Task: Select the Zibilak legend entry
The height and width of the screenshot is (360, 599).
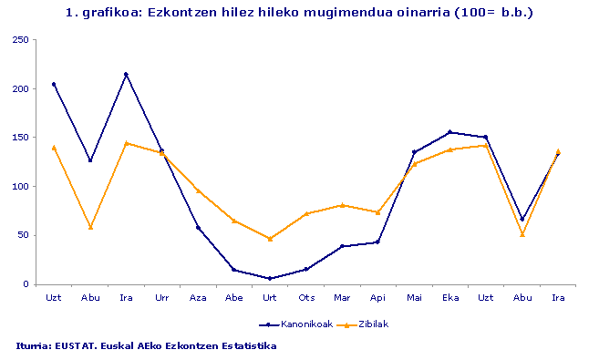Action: point(370,324)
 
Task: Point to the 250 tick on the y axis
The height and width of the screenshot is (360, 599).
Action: point(19,40)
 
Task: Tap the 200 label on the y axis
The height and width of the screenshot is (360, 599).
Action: point(19,89)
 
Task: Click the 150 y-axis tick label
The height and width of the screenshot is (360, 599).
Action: point(19,138)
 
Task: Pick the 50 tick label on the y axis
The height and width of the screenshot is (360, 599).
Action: point(22,235)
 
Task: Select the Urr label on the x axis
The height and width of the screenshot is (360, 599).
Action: point(161,297)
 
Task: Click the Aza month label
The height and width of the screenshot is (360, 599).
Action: point(198,297)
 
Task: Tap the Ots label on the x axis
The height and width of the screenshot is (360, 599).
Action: point(306,297)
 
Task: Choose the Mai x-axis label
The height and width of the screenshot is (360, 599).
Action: point(414,297)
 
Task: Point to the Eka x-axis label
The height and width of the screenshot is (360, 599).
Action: point(449,297)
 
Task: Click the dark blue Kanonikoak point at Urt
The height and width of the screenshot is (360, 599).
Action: point(270,278)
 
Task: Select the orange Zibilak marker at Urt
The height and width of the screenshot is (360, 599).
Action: point(270,239)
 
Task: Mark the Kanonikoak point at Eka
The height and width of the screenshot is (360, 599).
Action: point(449,132)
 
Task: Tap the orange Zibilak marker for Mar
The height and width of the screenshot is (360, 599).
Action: point(342,205)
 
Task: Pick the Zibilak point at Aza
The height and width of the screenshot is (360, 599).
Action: point(198,190)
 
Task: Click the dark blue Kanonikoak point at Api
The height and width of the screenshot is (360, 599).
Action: point(377,242)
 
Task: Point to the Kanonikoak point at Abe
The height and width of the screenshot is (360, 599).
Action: point(234,270)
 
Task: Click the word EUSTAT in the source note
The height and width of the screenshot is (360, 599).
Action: point(75,346)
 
